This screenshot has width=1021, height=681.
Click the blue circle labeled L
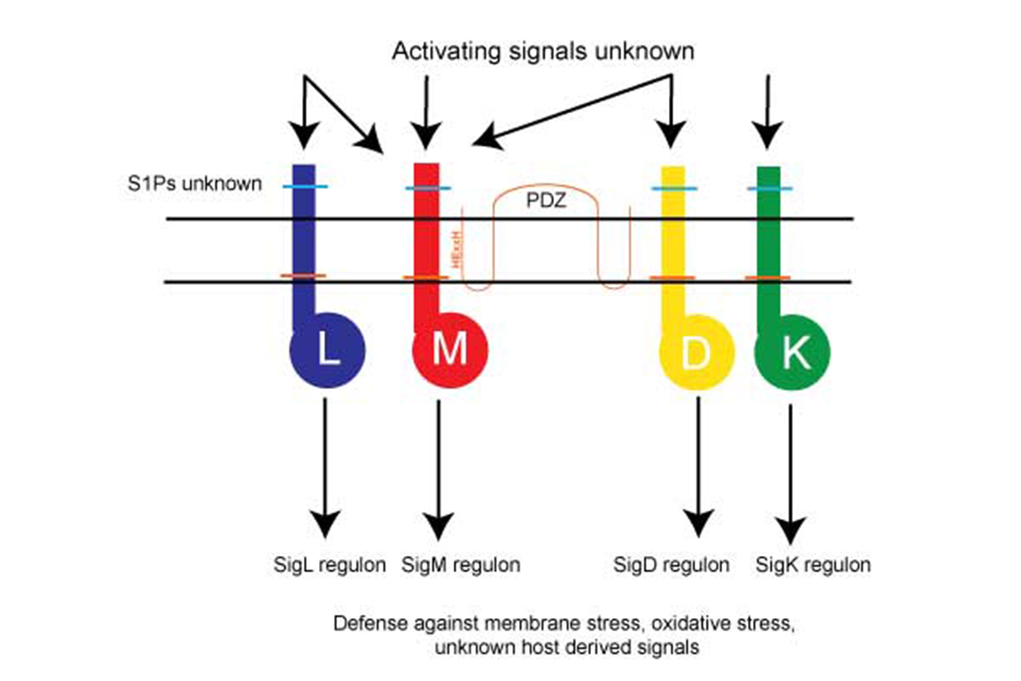328,351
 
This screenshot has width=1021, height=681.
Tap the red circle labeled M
448,351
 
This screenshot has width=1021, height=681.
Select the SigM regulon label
460,564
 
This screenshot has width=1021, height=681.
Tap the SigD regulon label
671,564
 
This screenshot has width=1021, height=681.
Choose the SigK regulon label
813,564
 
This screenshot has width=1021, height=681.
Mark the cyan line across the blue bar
305,186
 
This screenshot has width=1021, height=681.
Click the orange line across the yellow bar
673,278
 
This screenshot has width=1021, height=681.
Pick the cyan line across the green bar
769,187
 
